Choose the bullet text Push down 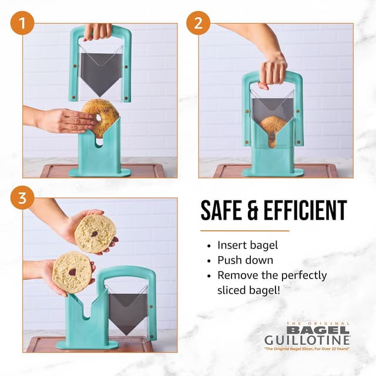click(243, 260)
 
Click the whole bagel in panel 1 click(100, 117)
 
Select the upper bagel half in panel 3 click(95, 233)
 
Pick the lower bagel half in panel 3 click(72, 271)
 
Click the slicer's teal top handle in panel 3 click(127, 271)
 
